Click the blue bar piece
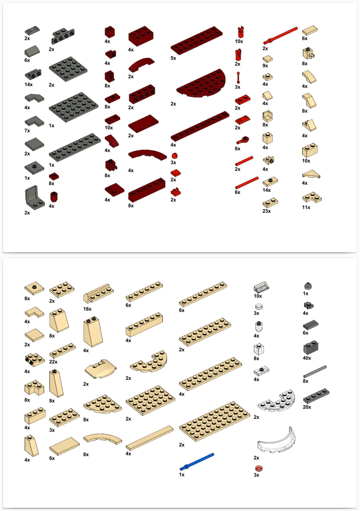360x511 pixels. pyautogui.click(x=197, y=462)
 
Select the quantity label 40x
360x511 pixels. pyautogui.click(x=307, y=358)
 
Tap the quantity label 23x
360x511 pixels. pyautogui.click(x=266, y=211)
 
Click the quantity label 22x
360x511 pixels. pyautogui.click(x=53, y=362)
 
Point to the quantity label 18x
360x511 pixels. pyautogui.click(x=87, y=309)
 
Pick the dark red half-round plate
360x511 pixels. pyautogui.click(x=201, y=83)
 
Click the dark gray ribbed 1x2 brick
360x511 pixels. pyautogui.click(x=311, y=348)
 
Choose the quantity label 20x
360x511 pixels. pyautogui.click(x=307, y=407)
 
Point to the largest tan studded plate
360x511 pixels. pyautogui.click(x=214, y=421)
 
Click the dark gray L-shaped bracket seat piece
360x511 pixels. pyautogui.click(x=35, y=197)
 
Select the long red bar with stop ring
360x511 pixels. pyautogui.click(x=281, y=35)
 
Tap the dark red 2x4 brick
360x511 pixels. pyautogui.click(x=141, y=36)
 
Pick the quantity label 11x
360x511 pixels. pyautogui.click(x=306, y=207)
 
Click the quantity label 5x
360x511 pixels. pyautogui.click(x=173, y=58)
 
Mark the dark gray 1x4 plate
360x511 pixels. pyautogui.click(x=316, y=396)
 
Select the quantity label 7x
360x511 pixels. pyautogui.click(x=27, y=131)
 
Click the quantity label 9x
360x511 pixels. pyautogui.click(x=265, y=66)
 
